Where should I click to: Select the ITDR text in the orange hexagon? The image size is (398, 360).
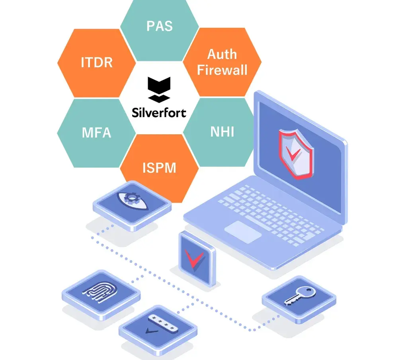click(x=97, y=63)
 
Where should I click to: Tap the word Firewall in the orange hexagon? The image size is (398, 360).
click(x=222, y=70)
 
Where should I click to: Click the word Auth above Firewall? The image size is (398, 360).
click(x=222, y=54)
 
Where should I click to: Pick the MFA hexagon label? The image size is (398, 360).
click(x=96, y=132)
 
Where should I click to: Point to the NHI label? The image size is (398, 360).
click(x=222, y=131)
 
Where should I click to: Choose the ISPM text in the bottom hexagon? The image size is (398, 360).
click(x=159, y=168)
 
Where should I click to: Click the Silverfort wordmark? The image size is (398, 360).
click(x=159, y=113)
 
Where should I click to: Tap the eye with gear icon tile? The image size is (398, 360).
click(x=132, y=202)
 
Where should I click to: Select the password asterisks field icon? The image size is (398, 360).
click(x=162, y=323)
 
